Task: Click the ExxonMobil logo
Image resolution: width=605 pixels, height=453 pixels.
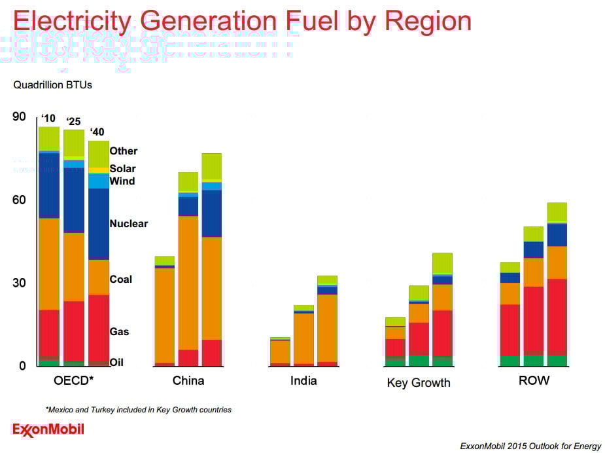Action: coord(48,430)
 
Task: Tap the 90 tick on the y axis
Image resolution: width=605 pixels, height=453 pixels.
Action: coord(19,117)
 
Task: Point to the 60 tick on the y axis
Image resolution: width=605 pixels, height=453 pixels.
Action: coord(19,200)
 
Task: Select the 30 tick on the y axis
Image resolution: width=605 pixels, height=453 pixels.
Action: coord(19,283)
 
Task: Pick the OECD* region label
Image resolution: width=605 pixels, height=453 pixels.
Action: coord(73,380)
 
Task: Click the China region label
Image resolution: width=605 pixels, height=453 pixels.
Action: coord(188,380)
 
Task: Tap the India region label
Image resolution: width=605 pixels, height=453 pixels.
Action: coord(303,380)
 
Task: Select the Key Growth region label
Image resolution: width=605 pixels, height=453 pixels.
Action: coord(419,383)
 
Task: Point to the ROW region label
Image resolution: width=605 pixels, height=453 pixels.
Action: coord(534,380)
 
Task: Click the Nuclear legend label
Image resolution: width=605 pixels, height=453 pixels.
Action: coord(129,224)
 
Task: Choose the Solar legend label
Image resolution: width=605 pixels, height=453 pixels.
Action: coord(123,169)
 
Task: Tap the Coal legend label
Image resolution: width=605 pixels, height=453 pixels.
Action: coord(121,280)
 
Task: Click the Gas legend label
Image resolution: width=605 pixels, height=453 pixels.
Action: coord(120,332)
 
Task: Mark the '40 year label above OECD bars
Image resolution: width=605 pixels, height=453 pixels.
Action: coord(97,131)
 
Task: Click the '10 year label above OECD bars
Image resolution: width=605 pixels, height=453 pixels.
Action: coord(48,118)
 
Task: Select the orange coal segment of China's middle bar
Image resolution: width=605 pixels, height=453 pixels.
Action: coord(188,281)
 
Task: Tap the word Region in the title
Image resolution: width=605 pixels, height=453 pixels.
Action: coord(428,21)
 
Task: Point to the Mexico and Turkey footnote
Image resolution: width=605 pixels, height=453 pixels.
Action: coord(139,410)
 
